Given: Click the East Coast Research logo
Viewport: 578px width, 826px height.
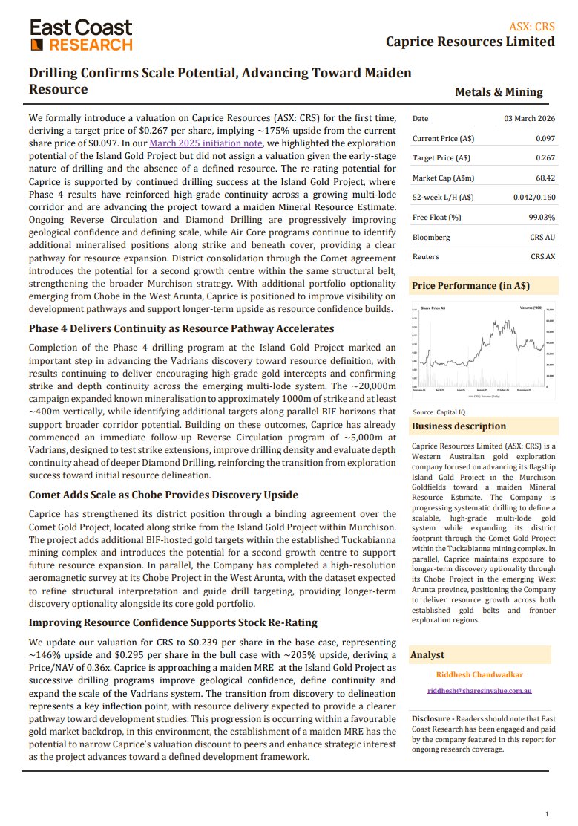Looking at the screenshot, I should pos(81,35).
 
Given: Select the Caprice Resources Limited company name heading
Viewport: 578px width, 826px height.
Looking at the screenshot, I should pos(470,42).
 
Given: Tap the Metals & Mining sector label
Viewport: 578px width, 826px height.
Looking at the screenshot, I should pos(499,92).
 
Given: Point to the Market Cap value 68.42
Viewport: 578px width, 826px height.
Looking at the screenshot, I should pos(542,178).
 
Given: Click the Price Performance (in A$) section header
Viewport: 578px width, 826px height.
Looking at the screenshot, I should pos(470,286).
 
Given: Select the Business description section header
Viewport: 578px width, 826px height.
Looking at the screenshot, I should pos(459,426).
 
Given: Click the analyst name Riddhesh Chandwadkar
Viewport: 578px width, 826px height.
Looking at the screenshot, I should pos(481,674).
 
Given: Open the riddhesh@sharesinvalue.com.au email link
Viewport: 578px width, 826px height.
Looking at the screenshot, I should pos(480,691).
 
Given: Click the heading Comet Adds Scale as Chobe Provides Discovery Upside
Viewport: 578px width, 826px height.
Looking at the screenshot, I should pos(163,495).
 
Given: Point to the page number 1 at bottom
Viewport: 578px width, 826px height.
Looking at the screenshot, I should pos(547,813).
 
